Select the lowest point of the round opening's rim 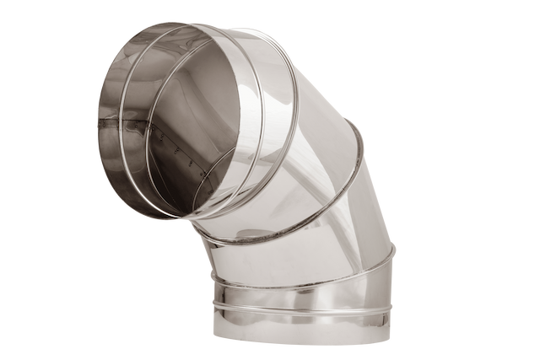[169, 221]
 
